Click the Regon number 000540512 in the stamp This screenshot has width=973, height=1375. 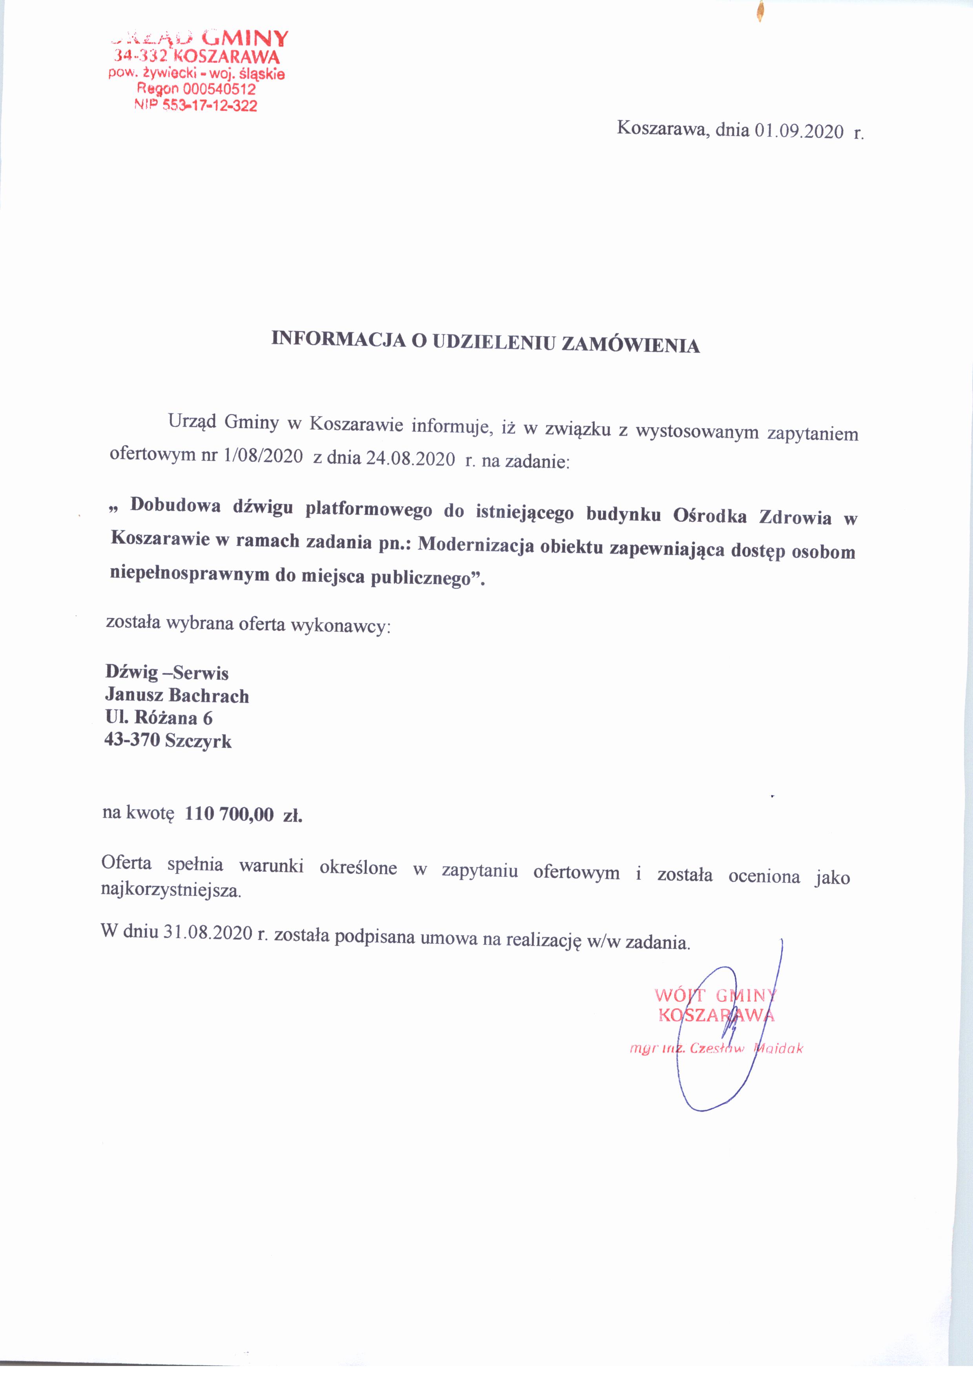(x=219, y=90)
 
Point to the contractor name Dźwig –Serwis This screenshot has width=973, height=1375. (x=167, y=672)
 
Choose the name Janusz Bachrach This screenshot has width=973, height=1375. (x=177, y=695)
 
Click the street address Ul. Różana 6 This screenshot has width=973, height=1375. (x=159, y=717)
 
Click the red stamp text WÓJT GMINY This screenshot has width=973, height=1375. (x=715, y=996)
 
